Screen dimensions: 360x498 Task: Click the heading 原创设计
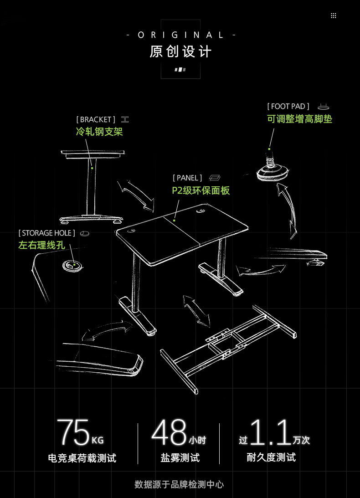(180, 51)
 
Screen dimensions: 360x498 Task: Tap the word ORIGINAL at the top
(181, 35)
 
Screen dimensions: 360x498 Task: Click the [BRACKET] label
(96, 119)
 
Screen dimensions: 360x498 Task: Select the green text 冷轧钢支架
(99, 132)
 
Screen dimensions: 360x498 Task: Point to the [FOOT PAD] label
(288, 106)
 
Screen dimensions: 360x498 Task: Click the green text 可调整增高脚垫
(300, 119)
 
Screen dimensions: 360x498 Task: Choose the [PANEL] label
(187, 178)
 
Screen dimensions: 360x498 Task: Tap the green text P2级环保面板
(201, 190)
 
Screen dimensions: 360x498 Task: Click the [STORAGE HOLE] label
(46, 233)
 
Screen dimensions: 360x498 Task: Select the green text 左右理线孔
(41, 245)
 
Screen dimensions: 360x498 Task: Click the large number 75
(73, 432)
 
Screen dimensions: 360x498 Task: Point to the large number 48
(169, 432)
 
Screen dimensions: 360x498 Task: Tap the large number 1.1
(270, 432)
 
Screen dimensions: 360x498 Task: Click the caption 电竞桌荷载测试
(82, 458)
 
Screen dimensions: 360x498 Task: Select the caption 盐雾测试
(180, 457)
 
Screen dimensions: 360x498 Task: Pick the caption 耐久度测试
(271, 457)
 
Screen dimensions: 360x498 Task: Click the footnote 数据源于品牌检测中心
(179, 484)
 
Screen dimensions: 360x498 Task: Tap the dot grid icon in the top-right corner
(333, 15)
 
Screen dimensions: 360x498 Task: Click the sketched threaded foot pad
(273, 168)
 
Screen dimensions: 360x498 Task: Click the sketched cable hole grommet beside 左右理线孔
(73, 266)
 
